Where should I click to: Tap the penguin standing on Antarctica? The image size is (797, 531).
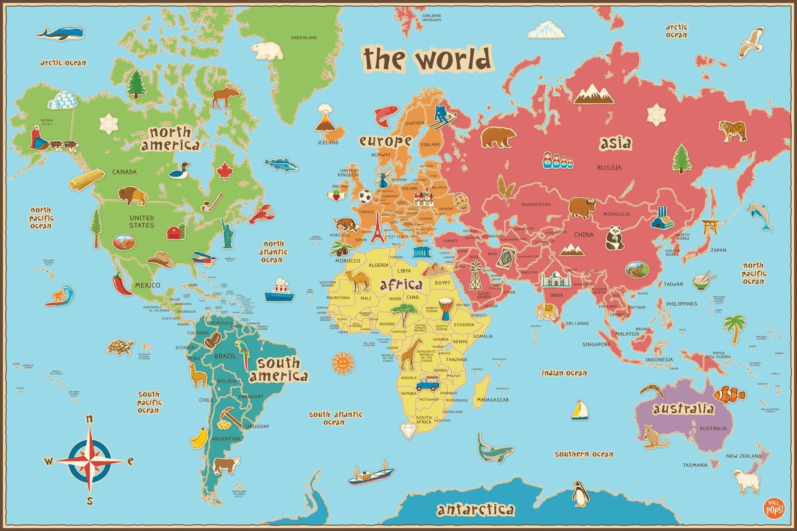(579, 494)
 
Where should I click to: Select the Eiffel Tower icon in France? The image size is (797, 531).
(377, 227)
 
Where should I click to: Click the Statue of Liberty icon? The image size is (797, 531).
(228, 233)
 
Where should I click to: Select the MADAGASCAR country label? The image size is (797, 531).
(492, 400)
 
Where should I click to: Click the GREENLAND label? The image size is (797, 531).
(304, 38)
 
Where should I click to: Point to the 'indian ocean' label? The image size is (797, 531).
(564, 373)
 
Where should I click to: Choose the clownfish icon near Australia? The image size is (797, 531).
(730, 393)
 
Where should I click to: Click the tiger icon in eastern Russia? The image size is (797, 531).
(735, 131)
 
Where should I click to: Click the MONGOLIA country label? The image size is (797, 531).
(616, 214)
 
